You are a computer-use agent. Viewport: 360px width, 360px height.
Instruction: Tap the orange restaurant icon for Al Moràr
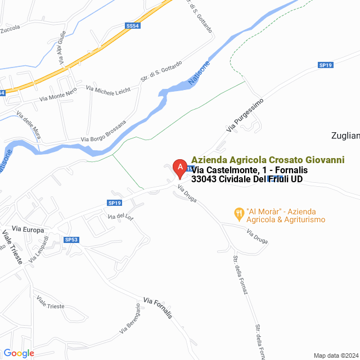tap(239, 213)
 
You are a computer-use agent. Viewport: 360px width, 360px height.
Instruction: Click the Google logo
tap(19, 353)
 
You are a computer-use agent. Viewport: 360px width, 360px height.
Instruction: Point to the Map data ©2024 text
tap(335, 355)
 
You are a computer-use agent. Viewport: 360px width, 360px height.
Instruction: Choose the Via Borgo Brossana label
tap(103, 130)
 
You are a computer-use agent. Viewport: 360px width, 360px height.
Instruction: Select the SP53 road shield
tap(71, 240)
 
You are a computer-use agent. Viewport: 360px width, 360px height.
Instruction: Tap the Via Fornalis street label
tap(157, 308)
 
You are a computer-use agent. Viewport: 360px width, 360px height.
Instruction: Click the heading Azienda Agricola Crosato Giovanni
tap(268, 160)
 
